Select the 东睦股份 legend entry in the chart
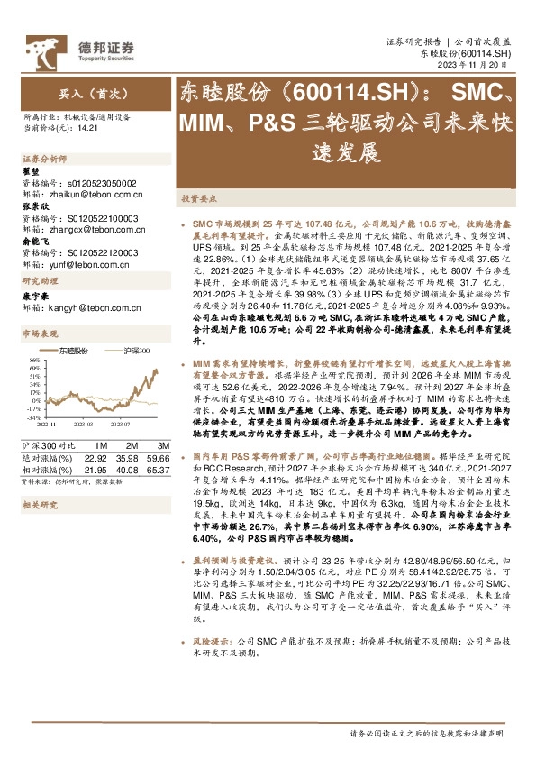(72, 351)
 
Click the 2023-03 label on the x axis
(84, 423)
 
